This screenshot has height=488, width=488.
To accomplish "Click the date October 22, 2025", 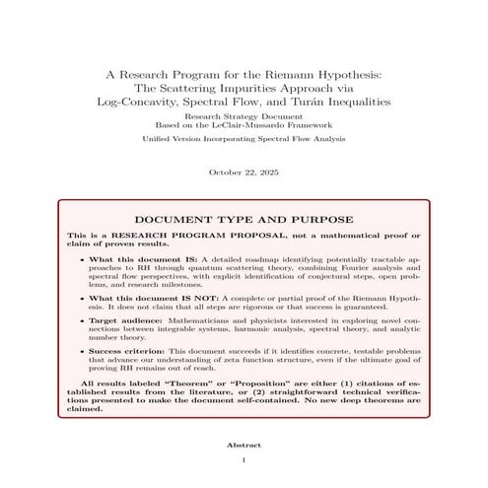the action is [x=244, y=173].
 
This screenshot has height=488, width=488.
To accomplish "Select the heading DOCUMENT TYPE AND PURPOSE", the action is [x=244, y=219].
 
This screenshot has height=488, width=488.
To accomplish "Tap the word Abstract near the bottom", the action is [x=244, y=446].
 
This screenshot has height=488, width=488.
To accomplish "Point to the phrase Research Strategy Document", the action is [x=244, y=116].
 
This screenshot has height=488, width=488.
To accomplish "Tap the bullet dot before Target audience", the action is [x=81, y=322].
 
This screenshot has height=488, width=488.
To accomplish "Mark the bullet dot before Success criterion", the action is [x=81, y=350].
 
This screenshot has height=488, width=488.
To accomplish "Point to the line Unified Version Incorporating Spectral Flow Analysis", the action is [x=244, y=140].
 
